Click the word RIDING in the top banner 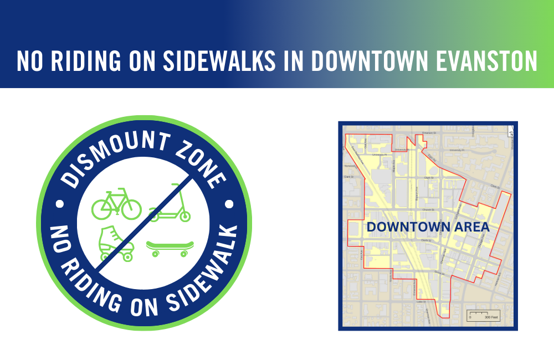tap(89, 61)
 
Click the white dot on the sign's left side tap(60, 204)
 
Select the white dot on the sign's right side tap(228, 204)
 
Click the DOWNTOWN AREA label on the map tap(428, 227)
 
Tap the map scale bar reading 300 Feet tap(484, 315)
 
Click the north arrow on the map tap(511, 132)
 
